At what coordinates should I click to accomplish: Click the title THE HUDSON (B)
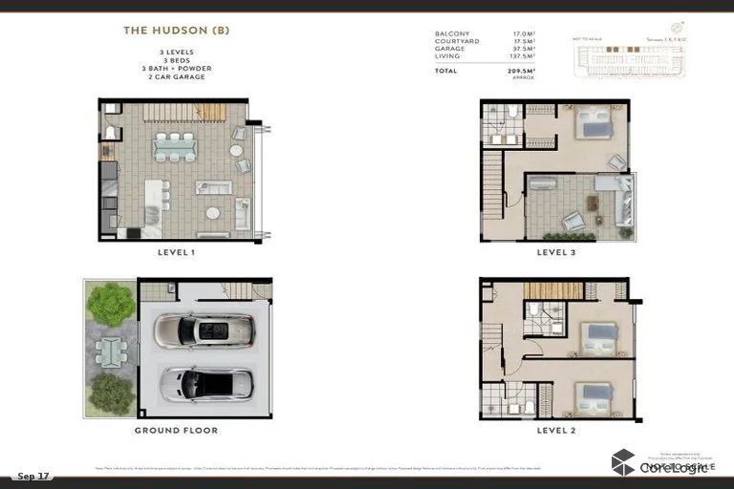(x=176, y=31)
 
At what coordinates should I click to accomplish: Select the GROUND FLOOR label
(x=176, y=431)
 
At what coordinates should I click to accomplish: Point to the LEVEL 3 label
(x=556, y=253)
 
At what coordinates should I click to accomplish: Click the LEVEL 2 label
(x=556, y=431)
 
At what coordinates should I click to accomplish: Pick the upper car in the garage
(x=204, y=330)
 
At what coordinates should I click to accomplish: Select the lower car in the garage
(x=205, y=384)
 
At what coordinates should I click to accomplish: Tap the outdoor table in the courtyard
(x=110, y=352)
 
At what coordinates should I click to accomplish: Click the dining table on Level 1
(x=174, y=145)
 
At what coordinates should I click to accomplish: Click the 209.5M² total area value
(x=517, y=71)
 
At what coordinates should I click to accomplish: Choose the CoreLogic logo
(x=659, y=464)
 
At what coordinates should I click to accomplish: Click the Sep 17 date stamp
(x=32, y=476)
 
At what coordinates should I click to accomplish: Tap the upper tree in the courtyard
(x=110, y=304)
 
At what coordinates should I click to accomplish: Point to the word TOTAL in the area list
(x=446, y=71)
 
